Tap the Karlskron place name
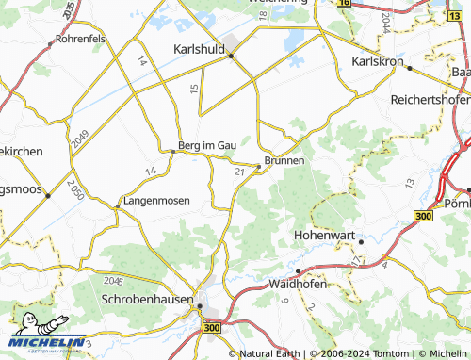click(377, 61)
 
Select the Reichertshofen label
click(430, 99)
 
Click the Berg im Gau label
click(206, 144)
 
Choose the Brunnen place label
click(284, 161)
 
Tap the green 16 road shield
click(344, 4)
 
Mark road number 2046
click(114, 282)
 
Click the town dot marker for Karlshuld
click(230, 56)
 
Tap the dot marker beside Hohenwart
click(360, 242)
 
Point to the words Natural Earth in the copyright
click(273, 354)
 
